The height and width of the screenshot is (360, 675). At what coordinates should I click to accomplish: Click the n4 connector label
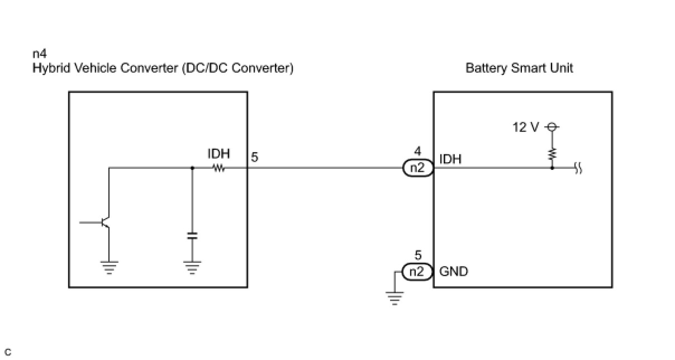[40, 54]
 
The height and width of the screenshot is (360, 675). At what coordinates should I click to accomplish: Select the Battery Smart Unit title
[519, 68]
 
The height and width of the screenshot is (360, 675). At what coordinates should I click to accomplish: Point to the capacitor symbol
[192, 236]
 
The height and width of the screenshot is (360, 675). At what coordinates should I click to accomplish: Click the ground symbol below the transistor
[109, 268]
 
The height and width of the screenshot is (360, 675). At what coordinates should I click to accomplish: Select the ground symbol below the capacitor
[192, 268]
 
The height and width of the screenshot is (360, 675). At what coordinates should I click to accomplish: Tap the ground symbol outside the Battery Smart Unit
[394, 298]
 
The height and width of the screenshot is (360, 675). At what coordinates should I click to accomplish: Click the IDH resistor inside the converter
[219, 168]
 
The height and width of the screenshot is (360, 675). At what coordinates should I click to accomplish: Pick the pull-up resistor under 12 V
[552, 154]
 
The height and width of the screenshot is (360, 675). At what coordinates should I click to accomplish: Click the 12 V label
[525, 127]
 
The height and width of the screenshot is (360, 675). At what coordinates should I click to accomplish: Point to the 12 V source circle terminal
[552, 127]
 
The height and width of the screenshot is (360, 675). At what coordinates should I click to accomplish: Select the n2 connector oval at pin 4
[418, 168]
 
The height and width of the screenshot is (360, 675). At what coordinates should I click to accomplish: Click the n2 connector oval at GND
[417, 272]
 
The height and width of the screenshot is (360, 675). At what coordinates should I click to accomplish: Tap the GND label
[454, 272]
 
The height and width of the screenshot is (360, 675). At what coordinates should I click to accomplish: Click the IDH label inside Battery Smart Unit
[450, 159]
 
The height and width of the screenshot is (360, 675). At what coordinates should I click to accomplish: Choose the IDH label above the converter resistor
[218, 154]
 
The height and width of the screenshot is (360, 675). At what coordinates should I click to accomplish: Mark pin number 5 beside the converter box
[255, 158]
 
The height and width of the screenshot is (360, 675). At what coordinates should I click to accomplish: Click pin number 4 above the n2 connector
[417, 151]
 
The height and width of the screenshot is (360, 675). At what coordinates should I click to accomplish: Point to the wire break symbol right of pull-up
[578, 168]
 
